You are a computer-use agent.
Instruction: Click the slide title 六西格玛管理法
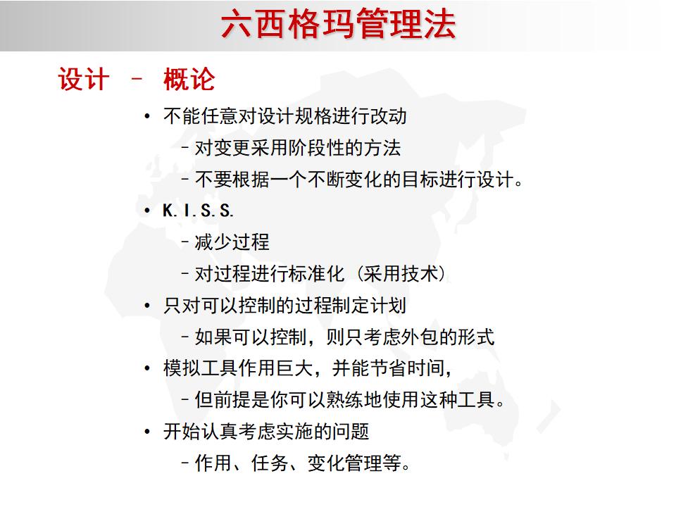click(338, 25)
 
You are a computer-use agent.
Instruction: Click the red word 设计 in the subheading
click(83, 80)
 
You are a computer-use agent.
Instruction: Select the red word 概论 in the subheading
click(189, 80)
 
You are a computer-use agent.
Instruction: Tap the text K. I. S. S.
click(198, 211)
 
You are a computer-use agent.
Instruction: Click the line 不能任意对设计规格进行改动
click(284, 116)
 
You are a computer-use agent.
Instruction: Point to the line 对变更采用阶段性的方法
click(297, 148)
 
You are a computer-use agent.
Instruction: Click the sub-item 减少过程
click(232, 242)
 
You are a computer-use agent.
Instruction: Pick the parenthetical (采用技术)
click(402, 274)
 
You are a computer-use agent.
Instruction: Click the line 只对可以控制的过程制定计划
click(284, 306)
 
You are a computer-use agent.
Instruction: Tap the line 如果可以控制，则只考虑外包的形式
click(344, 337)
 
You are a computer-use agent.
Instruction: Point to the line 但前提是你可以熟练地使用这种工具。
click(350, 400)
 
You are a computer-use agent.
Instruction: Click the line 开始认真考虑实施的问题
click(266, 432)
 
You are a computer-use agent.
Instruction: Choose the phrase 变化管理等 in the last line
click(358, 463)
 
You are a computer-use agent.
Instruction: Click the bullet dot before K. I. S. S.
click(146, 211)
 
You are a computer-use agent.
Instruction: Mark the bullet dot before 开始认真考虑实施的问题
click(146, 432)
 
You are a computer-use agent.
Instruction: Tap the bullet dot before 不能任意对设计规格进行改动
click(146, 117)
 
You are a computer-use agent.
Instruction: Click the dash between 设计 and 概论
click(137, 80)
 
